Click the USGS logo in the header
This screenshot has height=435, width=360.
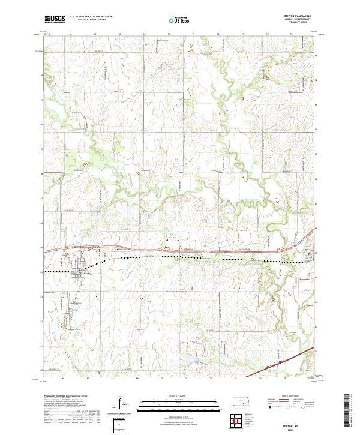(x=55, y=19)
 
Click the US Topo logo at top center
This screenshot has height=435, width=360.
(x=181, y=20)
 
